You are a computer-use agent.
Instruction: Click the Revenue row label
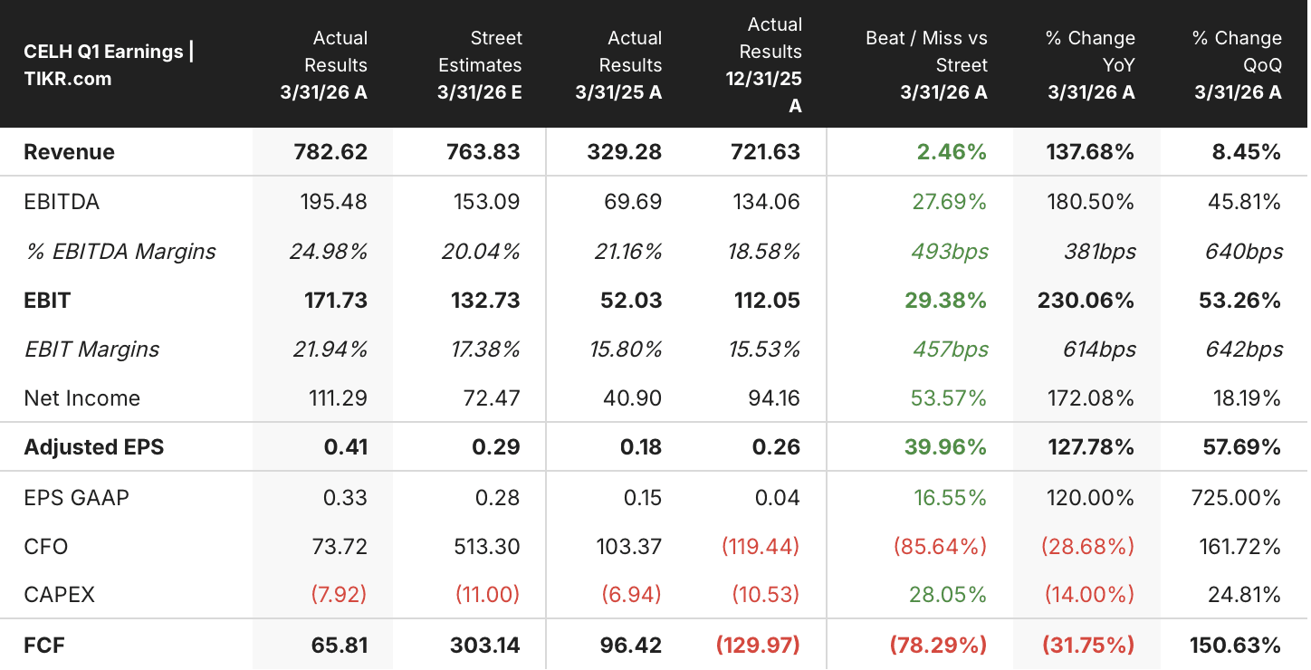[x=69, y=152]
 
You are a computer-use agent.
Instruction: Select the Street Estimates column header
[x=480, y=65]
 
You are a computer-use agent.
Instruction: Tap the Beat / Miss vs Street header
[x=926, y=65]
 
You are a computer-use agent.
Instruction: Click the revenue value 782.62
[x=330, y=152]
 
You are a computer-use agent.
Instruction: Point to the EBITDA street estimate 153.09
[x=486, y=202]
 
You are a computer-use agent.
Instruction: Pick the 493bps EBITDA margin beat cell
[x=950, y=252]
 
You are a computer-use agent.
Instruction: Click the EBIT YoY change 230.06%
[x=1086, y=301]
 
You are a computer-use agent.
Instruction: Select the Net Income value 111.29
[x=338, y=398]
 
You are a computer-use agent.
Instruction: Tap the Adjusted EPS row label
[x=93, y=447]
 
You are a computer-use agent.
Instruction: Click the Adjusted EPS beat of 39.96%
[x=945, y=447]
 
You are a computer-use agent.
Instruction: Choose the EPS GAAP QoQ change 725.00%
[x=1236, y=498]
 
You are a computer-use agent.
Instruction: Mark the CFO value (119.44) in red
[x=761, y=547]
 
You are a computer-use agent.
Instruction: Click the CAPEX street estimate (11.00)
[x=487, y=595]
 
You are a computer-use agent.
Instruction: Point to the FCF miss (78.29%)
[x=938, y=646]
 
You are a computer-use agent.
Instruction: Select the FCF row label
[x=43, y=646]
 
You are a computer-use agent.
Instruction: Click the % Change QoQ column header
[x=1238, y=65]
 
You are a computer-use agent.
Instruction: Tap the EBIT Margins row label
[x=91, y=349]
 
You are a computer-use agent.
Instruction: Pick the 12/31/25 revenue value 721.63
[x=765, y=152]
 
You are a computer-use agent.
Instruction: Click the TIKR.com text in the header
[x=67, y=79]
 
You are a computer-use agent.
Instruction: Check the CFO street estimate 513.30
[x=486, y=547]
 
